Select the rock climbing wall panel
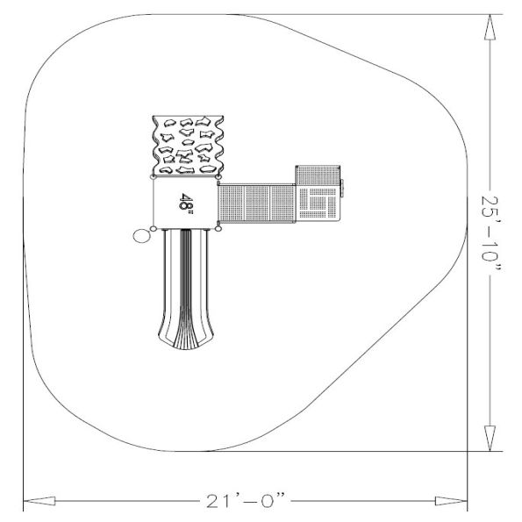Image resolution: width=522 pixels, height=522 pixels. pyautogui.click(x=188, y=146)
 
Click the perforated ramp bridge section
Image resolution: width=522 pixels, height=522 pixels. pyautogui.click(x=256, y=204)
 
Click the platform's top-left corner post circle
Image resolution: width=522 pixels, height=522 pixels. pyautogui.click(x=154, y=179)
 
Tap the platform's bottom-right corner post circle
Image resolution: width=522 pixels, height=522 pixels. pyautogui.click(x=218, y=228)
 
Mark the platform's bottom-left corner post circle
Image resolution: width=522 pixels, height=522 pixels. pyautogui.click(x=154, y=229)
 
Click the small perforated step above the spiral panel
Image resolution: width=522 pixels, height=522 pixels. pyautogui.click(x=316, y=175)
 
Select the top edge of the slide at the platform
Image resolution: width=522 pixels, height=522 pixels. pyautogui.click(x=185, y=231)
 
